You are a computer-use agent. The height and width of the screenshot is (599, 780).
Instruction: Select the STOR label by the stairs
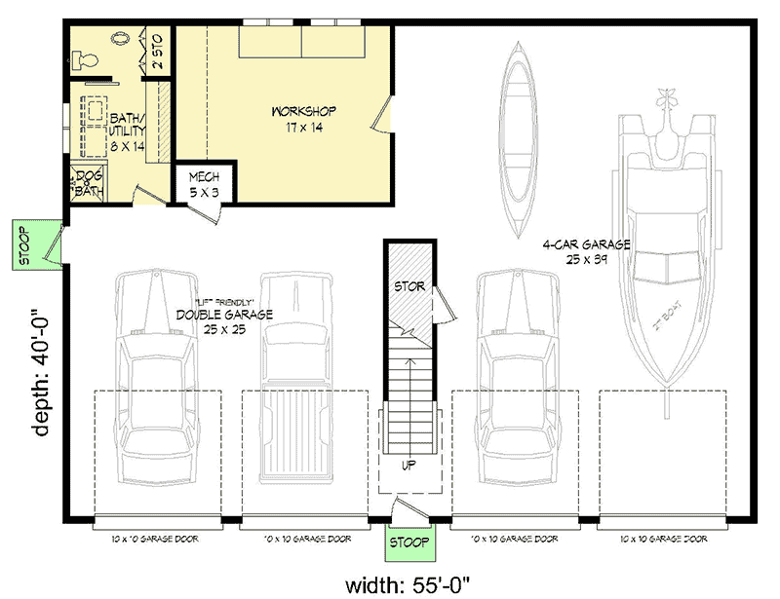point(408,287)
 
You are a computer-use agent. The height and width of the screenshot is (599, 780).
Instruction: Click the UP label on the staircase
point(408,466)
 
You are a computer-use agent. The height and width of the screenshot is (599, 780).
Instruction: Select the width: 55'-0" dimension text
point(409,584)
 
